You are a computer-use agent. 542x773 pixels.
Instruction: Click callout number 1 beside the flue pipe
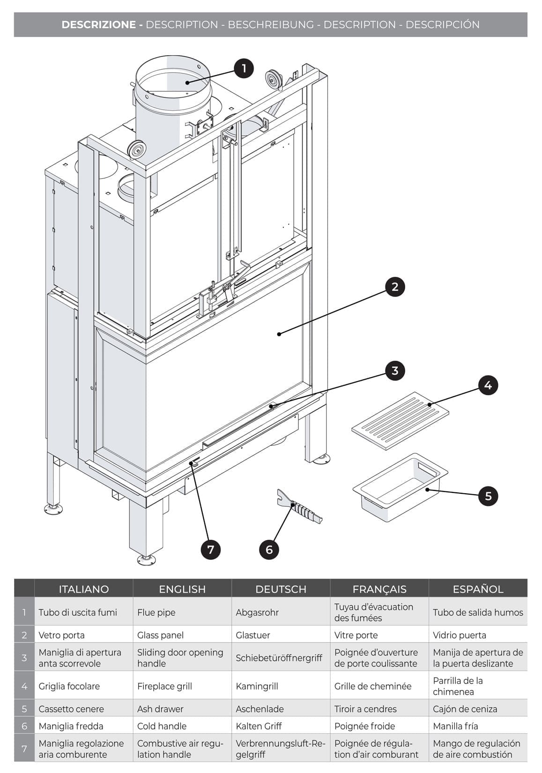click(x=244, y=68)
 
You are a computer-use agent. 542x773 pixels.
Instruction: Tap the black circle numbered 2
click(x=395, y=287)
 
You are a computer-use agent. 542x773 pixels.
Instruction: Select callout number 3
click(x=395, y=371)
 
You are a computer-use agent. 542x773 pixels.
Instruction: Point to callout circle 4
click(x=488, y=385)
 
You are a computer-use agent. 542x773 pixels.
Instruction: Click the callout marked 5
click(x=488, y=496)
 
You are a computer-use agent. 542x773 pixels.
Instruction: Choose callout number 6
click(x=269, y=550)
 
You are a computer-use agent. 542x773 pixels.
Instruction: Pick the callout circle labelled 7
click(x=211, y=550)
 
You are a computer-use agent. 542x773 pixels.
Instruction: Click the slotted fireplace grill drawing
click(x=400, y=421)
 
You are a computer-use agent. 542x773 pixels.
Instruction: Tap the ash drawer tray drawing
click(x=400, y=487)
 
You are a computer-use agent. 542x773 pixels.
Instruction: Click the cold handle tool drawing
click(x=299, y=506)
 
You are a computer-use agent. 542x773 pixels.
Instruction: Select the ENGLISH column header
click(x=182, y=589)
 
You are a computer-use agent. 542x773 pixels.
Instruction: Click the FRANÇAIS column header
click(x=379, y=589)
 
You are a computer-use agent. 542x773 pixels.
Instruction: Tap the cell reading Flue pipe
click(x=156, y=612)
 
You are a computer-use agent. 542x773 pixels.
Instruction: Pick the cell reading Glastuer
click(x=253, y=635)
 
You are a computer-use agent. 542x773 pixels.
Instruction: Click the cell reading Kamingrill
click(x=257, y=686)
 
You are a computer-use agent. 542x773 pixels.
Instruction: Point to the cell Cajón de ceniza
click(x=465, y=709)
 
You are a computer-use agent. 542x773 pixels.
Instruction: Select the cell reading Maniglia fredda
click(x=71, y=726)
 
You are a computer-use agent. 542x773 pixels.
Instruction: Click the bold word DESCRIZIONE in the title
click(x=99, y=24)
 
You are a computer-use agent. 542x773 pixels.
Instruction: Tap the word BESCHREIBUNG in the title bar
click(x=271, y=24)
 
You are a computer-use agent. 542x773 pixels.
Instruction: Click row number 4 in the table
click(x=24, y=686)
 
